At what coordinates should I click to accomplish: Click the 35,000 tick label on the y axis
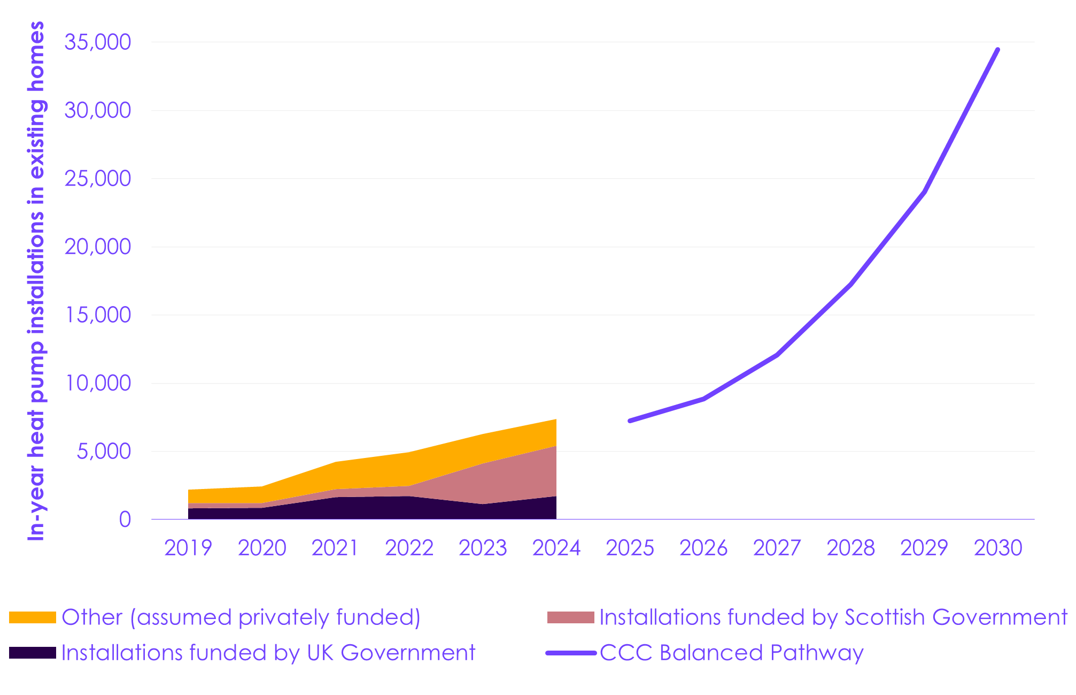click(x=97, y=42)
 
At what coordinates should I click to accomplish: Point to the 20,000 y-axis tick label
click(x=97, y=247)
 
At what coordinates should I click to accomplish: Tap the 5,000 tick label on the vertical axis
click(x=104, y=452)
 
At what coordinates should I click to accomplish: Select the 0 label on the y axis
click(x=125, y=520)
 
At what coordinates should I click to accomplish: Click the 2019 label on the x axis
click(x=188, y=548)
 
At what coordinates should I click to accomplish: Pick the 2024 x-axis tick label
click(x=556, y=548)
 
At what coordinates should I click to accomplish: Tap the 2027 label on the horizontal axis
click(x=777, y=548)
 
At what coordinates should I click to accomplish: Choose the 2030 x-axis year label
click(x=998, y=548)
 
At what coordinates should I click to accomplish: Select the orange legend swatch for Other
click(x=33, y=617)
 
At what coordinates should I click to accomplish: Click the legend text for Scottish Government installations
click(x=833, y=617)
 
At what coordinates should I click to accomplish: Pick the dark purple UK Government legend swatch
click(x=33, y=653)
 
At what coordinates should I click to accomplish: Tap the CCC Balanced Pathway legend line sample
click(x=571, y=653)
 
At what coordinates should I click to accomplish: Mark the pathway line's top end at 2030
click(x=997, y=50)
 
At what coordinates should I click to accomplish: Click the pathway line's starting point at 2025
click(x=630, y=421)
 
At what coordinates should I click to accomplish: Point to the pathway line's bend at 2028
click(x=850, y=284)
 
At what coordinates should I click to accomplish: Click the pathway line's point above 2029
click(x=924, y=192)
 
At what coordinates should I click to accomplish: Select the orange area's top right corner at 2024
click(x=556, y=420)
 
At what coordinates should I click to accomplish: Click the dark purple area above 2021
click(x=336, y=508)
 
